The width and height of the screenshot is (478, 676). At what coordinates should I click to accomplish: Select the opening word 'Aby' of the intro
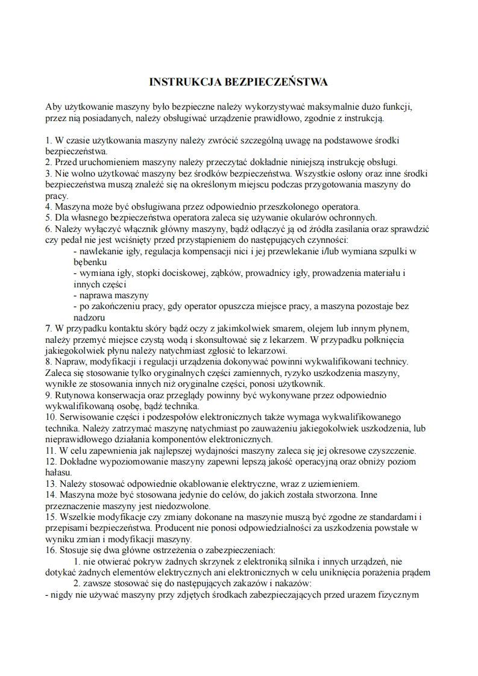tap(54, 107)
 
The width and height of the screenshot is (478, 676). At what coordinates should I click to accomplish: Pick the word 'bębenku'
tap(90, 262)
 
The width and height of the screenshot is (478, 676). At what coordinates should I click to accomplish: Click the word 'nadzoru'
tap(89, 317)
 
